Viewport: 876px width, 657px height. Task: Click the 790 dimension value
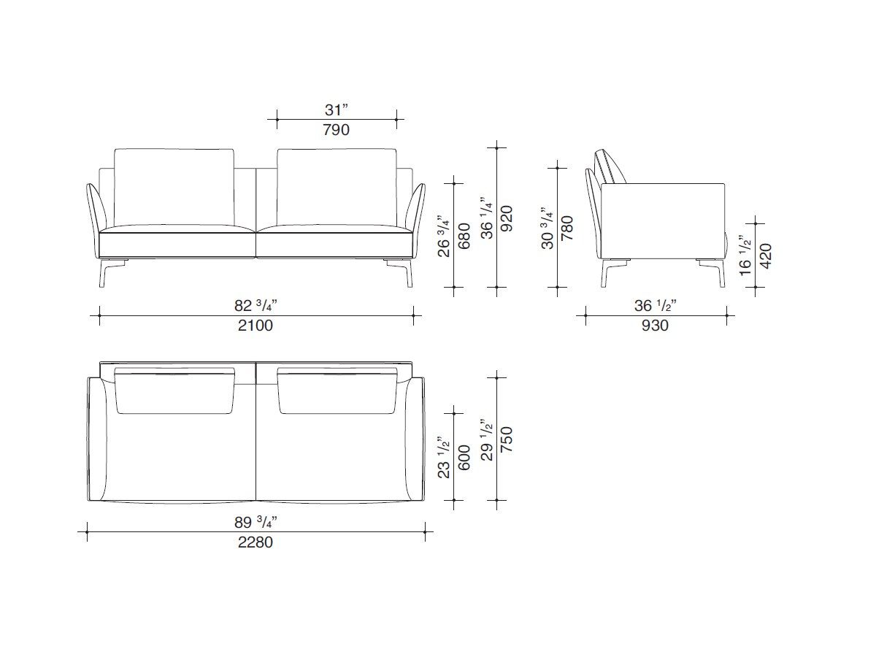[337, 130]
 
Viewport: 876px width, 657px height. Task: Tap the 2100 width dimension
[255, 326]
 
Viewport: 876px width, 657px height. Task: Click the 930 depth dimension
[655, 326]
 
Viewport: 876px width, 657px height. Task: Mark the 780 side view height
[567, 228]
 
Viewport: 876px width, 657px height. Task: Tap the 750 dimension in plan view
[507, 441]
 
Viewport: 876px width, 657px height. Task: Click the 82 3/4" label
[255, 306]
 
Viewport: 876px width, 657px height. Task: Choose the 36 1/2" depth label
[655, 306]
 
